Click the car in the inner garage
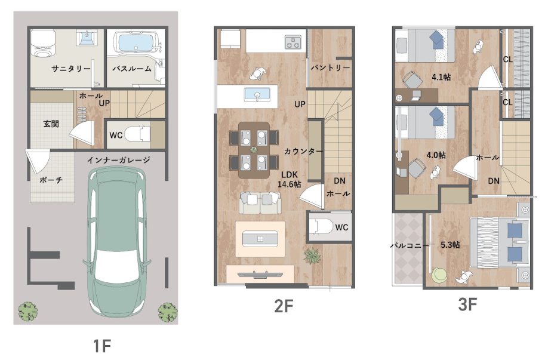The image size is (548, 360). pyautogui.click(x=117, y=242)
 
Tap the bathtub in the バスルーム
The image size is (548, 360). pyautogui.click(x=136, y=43)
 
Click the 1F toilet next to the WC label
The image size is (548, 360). pyautogui.click(x=137, y=134)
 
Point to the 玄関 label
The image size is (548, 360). pyautogui.click(x=51, y=124)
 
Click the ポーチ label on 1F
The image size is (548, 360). pyautogui.click(x=51, y=180)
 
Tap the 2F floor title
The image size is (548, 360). pyautogui.click(x=283, y=306)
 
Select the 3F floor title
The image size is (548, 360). pyautogui.click(x=467, y=305)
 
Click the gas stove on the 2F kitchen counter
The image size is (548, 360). pyautogui.click(x=293, y=42)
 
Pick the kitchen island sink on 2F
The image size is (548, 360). pyautogui.click(x=257, y=95)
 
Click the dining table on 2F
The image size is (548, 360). pyautogui.click(x=254, y=150)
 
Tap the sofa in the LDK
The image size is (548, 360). pyautogui.click(x=260, y=202)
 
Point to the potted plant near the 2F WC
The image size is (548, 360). pyautogui.click(x=312, y=256)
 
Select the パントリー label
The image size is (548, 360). pyautogui.click(x=330, y=68)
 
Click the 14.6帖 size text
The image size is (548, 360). pyautogui.click(x=289, y=184)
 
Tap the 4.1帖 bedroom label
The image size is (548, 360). pyautogui.click(x=441, y=77)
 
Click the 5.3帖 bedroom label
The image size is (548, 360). pyautogui.click(x=450, y=245)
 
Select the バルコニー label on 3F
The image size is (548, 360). pyautogui.click(x=410, y=246)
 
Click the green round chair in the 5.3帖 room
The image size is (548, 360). pyautogui.click(x=440, y=275)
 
